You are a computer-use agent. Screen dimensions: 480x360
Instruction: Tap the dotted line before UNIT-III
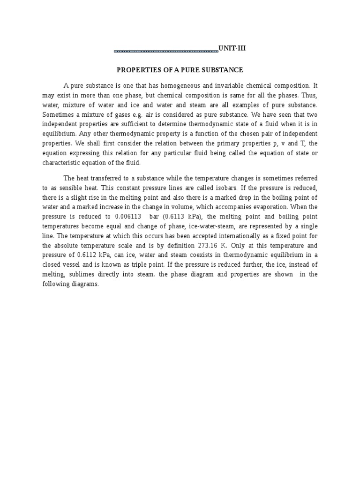click(166, 50)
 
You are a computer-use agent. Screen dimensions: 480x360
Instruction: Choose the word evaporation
click(275, 207)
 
